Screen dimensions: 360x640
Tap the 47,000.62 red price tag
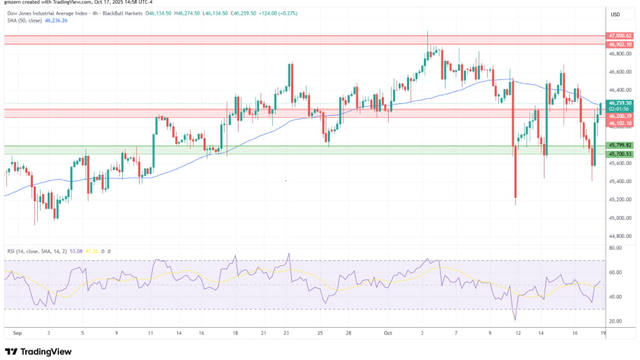pyautogui.click(x=620, y=35)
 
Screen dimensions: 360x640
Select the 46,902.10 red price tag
pyautogui.click(x=620, y=44)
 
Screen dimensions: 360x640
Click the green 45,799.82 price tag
pyautogui.click(x=620, y=145)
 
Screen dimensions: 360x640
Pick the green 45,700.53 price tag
pyautogui.click(x=620, y=154)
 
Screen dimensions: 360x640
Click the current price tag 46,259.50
pyautogui.click(x=620, y=102)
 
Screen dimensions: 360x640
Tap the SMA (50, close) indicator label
pyautogui.click(x=24, y=20)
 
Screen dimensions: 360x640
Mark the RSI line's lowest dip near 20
pyautogui.click(x=515, y=318)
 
